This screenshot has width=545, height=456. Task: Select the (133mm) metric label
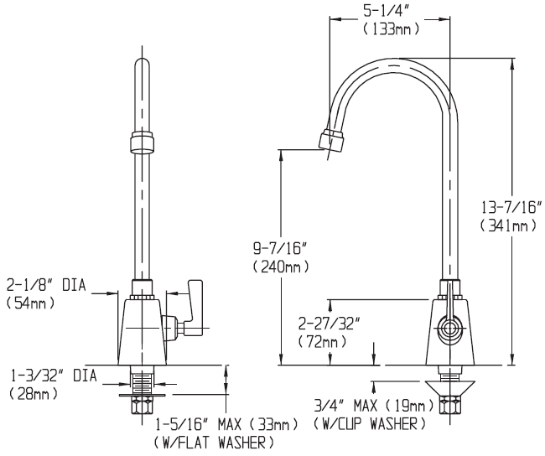391,29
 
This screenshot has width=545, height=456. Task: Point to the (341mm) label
509,225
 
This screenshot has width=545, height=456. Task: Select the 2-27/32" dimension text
330,324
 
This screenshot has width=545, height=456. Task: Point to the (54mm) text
32,303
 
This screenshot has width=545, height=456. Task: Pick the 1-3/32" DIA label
47,375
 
